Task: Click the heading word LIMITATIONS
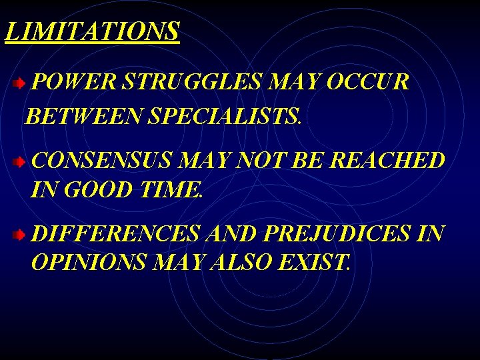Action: point(92,31)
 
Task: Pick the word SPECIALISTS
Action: point(226,117)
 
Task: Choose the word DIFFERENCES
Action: point(115,233)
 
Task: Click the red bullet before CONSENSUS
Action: point(23,161)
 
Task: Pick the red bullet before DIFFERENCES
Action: point(23,234)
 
